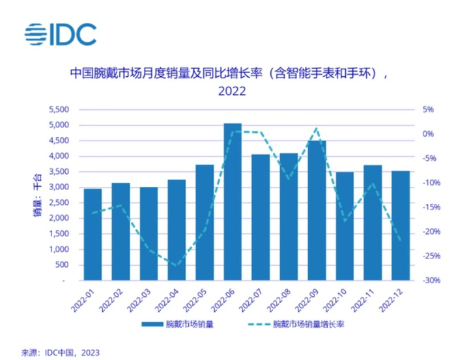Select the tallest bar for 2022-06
(233, 202)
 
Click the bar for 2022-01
(93, 234)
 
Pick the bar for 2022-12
(401, 225)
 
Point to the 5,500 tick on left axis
(60, 109)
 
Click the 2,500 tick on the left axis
(60, 202)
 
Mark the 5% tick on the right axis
(427, 109)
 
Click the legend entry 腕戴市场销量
(175, 324)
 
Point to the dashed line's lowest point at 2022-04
(176, 266)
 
